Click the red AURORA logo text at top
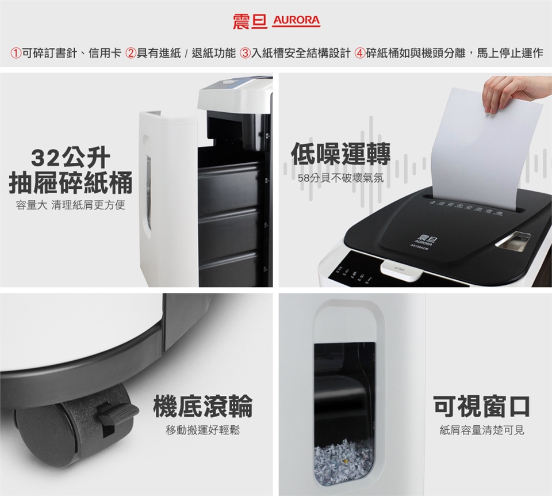(x=297, y=20)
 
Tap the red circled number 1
(x=16, y=54)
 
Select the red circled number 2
(x=131, y=54)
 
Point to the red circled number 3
(x=245, y=54)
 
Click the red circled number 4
(x=359, y=54)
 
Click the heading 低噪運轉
(x=341, y=154)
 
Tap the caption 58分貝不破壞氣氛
(x=341, y=178)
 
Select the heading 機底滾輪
(x=203, y=406)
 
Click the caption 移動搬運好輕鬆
(x=203, y=430)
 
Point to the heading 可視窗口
(x=482, y=406)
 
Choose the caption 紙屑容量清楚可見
(x=482, y=430)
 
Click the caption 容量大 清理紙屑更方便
(x=70, y=205)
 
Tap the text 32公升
(x=70, y=158)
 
